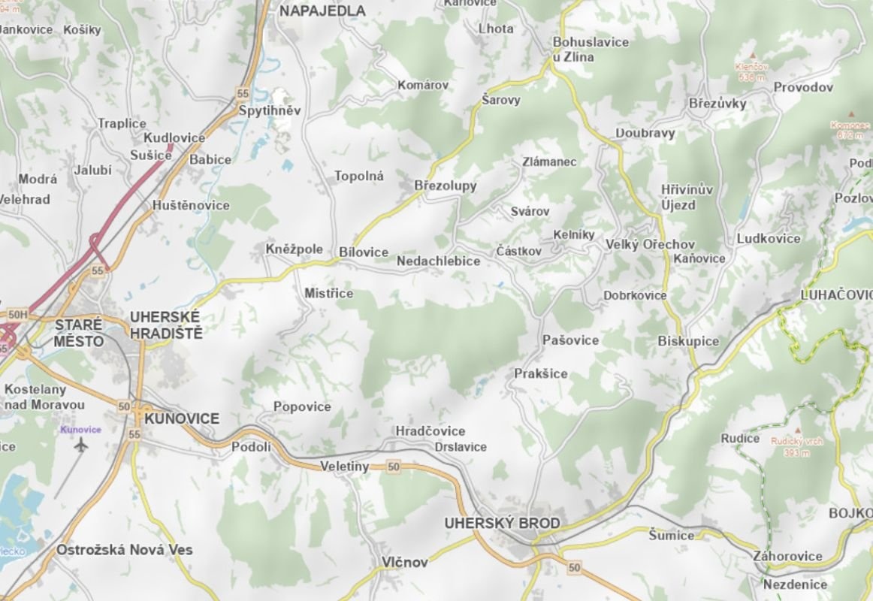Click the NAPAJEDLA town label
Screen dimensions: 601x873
tap(322, 11)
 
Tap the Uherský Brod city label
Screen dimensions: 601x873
tap(502, 523)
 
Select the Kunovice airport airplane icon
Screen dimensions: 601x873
tap(80, 445)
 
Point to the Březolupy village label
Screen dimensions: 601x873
tap(446, 186)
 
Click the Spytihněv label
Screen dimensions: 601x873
tap(270, 110)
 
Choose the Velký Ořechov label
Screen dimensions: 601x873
tap(650, 245)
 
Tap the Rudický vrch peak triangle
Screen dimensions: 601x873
tap(798, 426)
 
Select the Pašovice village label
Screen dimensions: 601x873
tap(571, 340)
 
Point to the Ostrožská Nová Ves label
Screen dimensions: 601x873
tap(124, 550)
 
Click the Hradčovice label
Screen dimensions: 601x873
tap(430, 431)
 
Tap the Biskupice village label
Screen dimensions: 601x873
tap(688, 341)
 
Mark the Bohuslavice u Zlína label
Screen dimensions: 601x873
tap(591, 50)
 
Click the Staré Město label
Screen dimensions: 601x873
tap(79, 333)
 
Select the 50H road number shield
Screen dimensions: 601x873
tap(18, 314)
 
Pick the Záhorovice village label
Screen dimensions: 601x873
tap(787, 557)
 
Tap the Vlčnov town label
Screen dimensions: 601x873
tap(404, 562)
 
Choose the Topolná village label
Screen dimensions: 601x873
tap(359, 177)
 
